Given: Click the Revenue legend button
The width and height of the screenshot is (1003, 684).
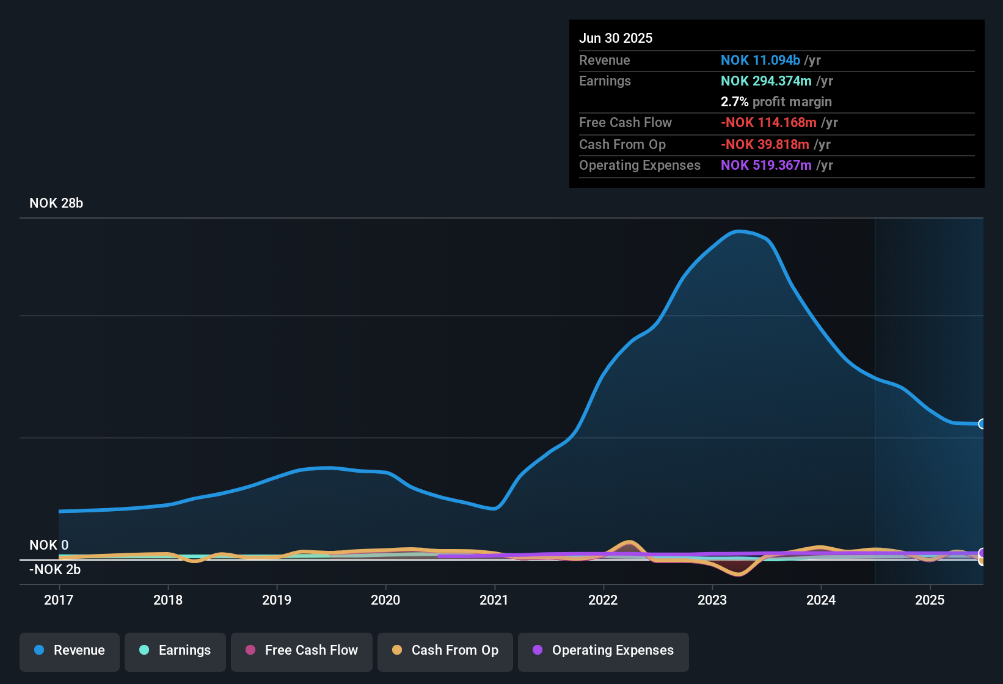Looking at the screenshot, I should (70, 650).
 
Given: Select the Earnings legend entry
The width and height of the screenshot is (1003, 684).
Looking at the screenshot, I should (175, 650).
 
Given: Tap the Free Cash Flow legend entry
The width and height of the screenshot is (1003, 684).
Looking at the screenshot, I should (302, 650).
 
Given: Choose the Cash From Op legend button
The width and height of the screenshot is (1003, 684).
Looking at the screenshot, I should (445, 650).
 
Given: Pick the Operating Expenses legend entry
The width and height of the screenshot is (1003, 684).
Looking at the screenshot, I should (604, 650).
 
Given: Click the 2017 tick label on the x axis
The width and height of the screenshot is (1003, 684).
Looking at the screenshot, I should (59, 600).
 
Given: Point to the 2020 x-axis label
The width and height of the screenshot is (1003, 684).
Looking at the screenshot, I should (385, 600).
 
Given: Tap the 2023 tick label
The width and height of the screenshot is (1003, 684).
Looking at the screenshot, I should (712, 600).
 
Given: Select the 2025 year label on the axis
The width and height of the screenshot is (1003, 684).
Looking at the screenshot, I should (930, 600).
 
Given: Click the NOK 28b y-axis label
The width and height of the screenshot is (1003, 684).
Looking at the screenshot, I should (56, 203).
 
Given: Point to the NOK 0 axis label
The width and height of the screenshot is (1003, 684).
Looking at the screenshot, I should (49, 545).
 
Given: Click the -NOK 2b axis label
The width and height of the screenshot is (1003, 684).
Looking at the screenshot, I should (55, 570).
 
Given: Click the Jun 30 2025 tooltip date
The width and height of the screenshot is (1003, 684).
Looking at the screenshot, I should (616, 38).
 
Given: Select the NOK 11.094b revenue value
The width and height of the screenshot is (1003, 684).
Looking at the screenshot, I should (760, 60).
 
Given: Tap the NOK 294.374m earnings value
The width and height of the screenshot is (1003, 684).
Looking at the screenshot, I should (766, 81).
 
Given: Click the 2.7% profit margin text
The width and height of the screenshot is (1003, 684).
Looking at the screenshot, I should (776, 102).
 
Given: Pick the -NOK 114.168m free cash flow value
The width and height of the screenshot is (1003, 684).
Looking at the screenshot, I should (768, 123).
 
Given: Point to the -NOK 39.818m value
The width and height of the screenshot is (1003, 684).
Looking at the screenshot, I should (765, 145).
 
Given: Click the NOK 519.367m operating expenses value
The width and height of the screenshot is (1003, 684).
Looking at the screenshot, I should (766, 166).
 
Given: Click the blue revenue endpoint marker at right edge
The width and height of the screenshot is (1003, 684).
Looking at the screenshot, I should (982, 424).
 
